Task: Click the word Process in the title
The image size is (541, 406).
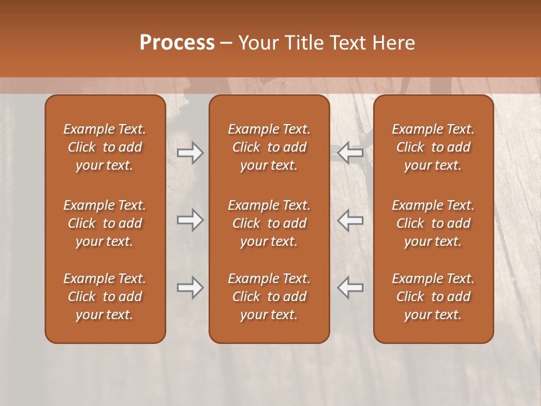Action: pyautogui.click(x=177, y=43)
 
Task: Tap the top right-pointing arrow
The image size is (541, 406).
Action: pyautogui.click(x=190, y=153)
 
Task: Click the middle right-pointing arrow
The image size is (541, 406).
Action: pyautogui.click(x=190, y=220)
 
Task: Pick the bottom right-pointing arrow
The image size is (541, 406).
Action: pyautogui.click(x=190, y=288)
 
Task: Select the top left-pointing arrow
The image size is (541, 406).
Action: pyautogui.click(x=350, y=153)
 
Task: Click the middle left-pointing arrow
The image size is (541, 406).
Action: pyautogui.click(x=350, y=220)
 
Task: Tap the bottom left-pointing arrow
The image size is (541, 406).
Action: pyautogui.click(x=350, y=288)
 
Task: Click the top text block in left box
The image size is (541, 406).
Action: pyautogui.click(x=105, y=147)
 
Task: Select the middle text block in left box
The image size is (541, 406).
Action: pyautogui.click(x=105, y=223)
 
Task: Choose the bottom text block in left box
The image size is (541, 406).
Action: pyautogui.click(x=105, y=297)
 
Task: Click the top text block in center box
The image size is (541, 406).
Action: pyautogui.click(x=269, y=147)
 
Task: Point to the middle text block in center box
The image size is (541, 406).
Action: pyautogui.click(x=269, y=223)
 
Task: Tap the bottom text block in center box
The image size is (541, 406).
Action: pyautogui.click(x=269, y=297)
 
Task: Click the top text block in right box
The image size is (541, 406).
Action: pyautogui.click(x=433, y=147)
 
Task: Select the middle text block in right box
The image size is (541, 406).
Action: pyautogui.click(x=433, y=223)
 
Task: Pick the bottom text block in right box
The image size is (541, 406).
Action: pyautogui.click(x=433, y=297)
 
